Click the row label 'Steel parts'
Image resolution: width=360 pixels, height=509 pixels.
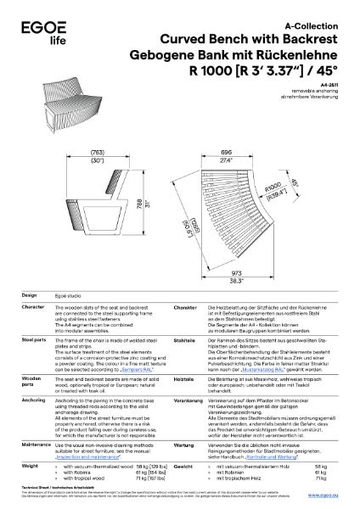point(33,338)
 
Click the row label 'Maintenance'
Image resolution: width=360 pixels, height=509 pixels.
point(36,442)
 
